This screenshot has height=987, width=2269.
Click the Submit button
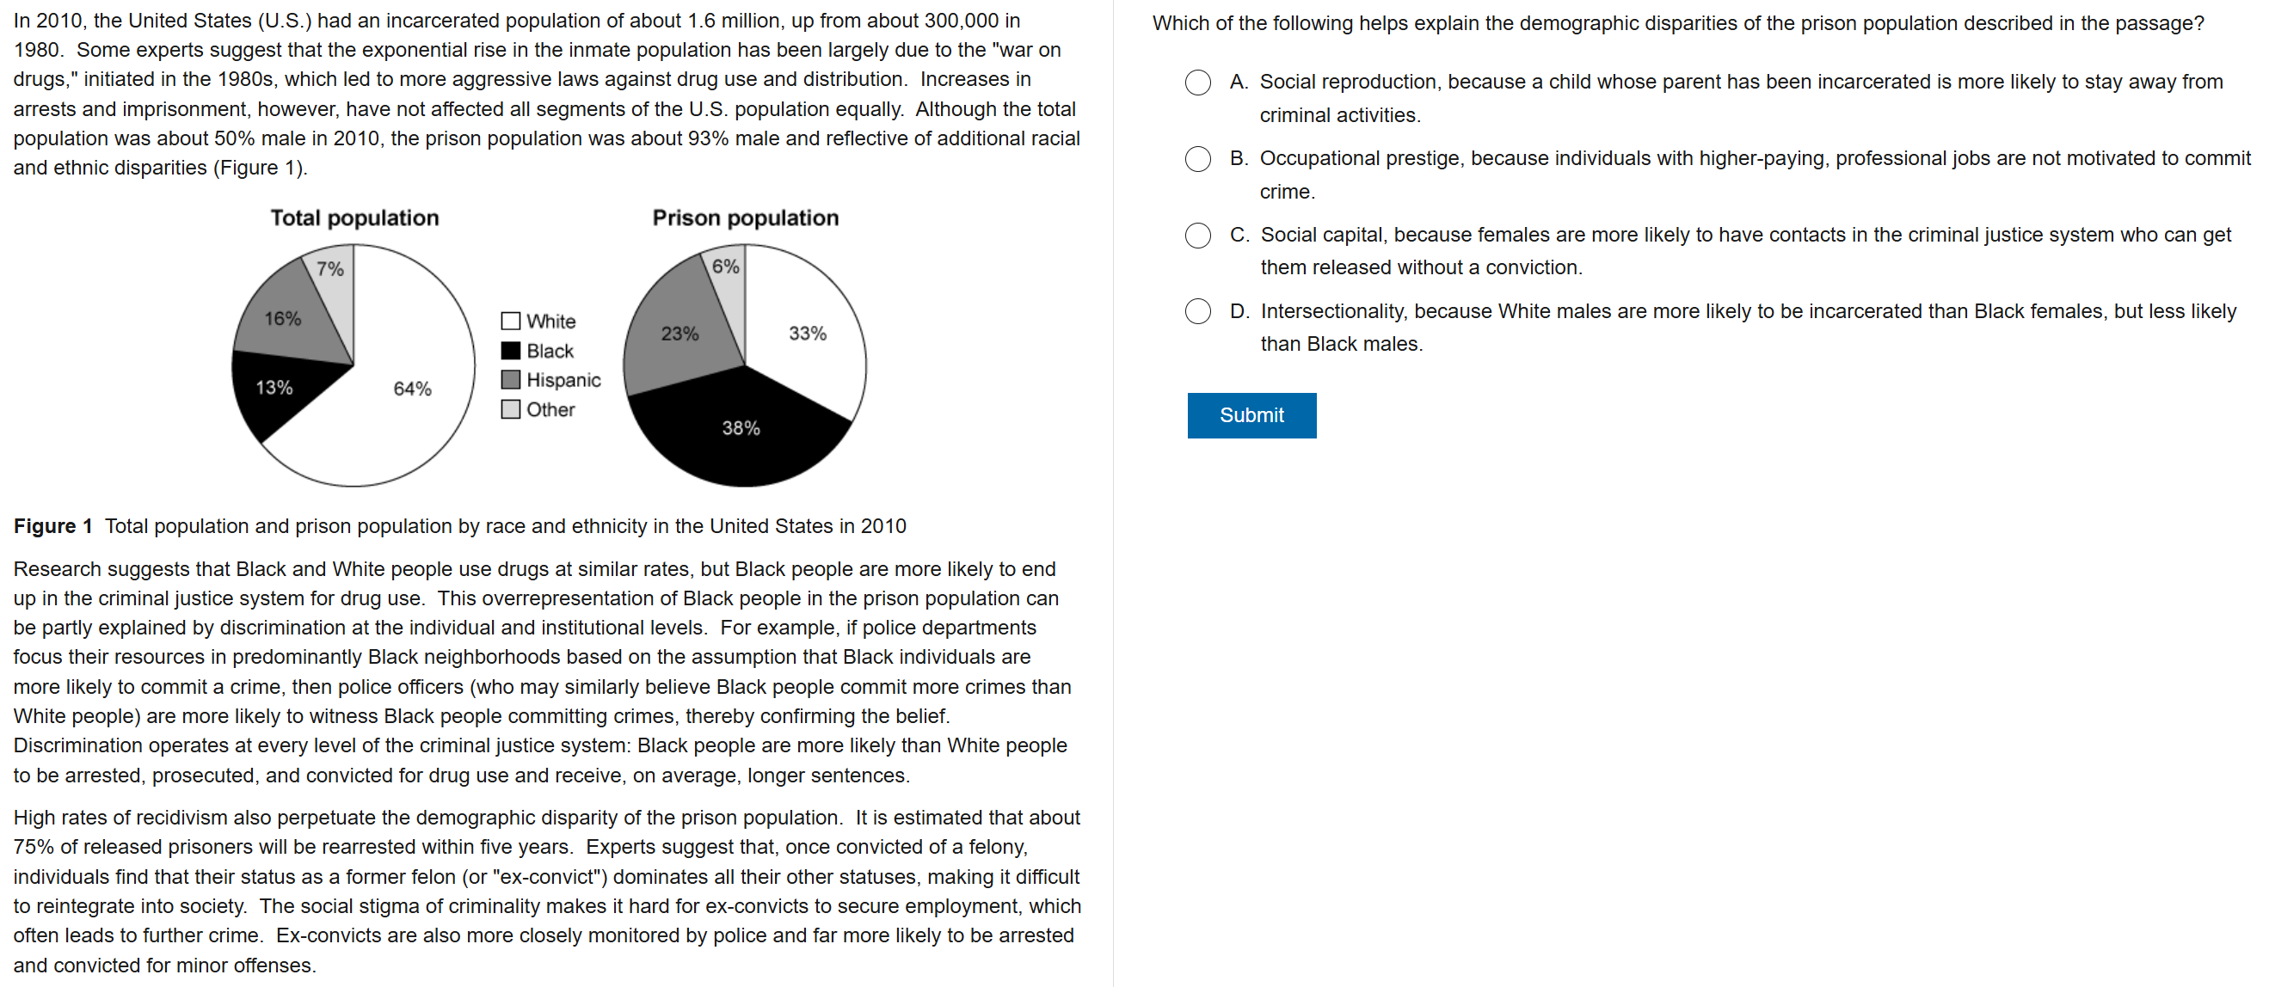(1251, 414)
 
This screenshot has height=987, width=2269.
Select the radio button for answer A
(1197, 83)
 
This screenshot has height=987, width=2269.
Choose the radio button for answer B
(1197, 159)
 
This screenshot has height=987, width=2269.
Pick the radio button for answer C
(1197, 235)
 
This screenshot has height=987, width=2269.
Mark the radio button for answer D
(1197, 312)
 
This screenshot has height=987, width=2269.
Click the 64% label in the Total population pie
(412, 389)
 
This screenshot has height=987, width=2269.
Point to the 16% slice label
(283, 318)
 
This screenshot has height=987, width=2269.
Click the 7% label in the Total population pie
(330, 268)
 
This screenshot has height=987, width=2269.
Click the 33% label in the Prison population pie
(808, 333)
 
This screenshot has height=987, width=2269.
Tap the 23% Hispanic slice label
(679, 333)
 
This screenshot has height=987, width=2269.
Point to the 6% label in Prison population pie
(726, 266)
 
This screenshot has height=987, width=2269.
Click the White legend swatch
(511, 321)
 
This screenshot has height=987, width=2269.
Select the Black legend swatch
(511, 351)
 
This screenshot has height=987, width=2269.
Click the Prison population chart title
(745, 218)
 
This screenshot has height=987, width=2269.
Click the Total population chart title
(354, 218)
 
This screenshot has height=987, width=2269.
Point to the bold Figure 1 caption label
(52, 525)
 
